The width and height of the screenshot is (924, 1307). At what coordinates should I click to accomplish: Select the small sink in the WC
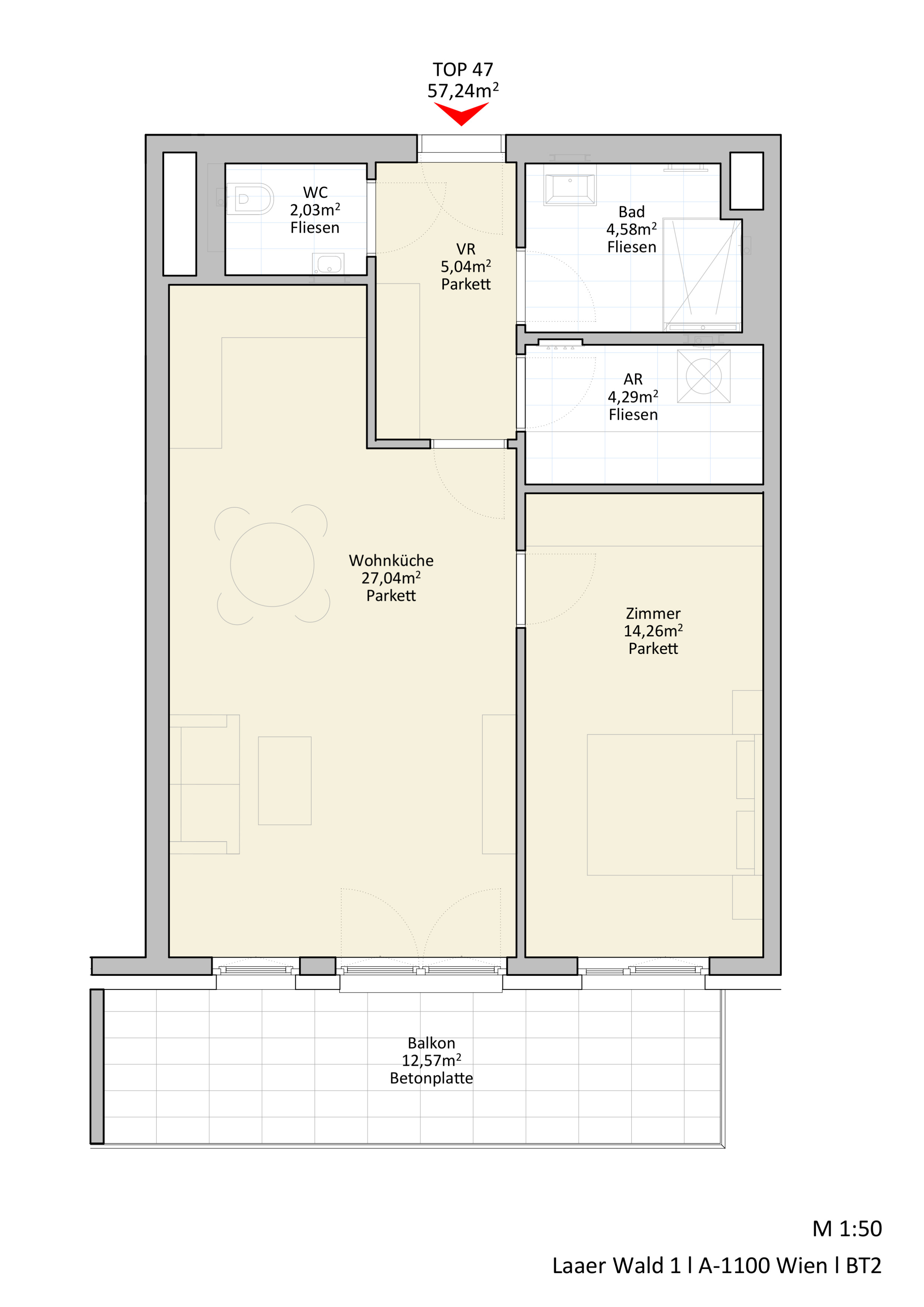tap(328, 264)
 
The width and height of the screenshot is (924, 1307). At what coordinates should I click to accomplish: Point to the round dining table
tap(272, 565)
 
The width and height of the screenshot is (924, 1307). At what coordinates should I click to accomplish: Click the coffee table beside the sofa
tap(284, 780)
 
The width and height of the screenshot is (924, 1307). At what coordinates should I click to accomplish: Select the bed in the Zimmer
tap(675, 804)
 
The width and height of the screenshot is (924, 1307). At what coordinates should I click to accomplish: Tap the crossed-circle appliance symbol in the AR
tap(704, 376)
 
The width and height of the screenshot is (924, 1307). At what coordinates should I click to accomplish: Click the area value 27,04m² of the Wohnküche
tap(391, 578)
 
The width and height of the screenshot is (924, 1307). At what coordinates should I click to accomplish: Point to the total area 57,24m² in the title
tap(463, 90)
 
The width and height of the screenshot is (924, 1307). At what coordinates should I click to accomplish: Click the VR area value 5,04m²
tap(466, 266)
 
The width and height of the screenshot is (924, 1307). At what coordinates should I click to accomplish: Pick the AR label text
tap(633, 379)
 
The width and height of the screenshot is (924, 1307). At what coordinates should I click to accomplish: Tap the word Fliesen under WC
tap(315, 228)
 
